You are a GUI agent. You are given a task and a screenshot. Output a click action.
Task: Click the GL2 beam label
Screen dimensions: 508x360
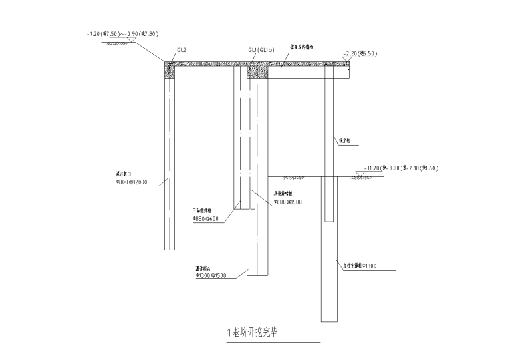(181, 50)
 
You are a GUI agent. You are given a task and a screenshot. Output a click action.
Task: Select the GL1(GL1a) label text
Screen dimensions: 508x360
(261, 50)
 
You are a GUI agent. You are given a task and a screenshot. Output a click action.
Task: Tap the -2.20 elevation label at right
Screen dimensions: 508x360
(359, 53)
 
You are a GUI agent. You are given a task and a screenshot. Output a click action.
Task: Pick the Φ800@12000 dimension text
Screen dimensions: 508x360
(132, 181)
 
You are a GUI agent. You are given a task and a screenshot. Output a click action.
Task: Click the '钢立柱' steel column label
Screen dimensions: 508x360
(344, 141)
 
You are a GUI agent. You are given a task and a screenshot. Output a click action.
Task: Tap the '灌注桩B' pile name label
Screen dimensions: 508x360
(124, 174)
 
